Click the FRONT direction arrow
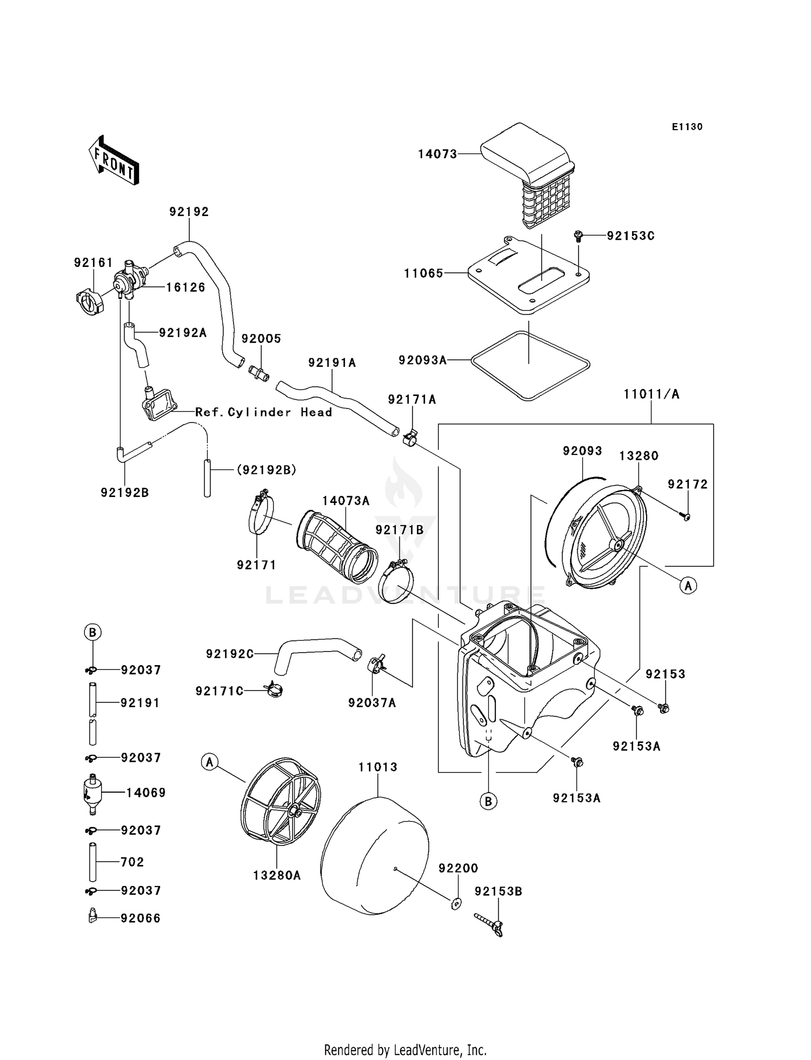114,160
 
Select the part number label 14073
437,155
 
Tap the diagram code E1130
687,127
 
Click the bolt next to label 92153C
579,236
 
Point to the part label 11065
423,273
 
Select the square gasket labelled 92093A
530,366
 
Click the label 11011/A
651,394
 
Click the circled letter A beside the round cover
688,585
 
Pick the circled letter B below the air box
488,801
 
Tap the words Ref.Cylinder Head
263,412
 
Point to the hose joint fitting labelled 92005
259,373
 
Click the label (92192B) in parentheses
266,470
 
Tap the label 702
132,862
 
